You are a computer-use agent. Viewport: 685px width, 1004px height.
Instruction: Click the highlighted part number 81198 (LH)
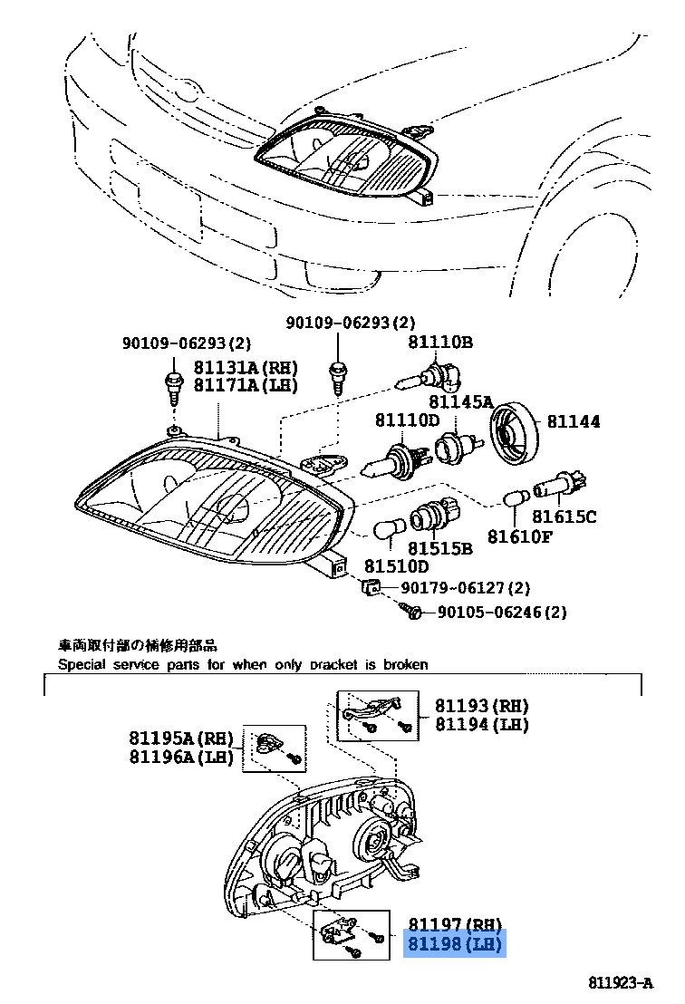pyautogui.click(x=454, y=945)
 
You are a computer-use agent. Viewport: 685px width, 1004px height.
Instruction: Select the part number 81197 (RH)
pyautogui.click(x=454, y=925)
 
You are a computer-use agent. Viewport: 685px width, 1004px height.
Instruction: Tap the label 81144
pyautogui.click(x=573, y=421)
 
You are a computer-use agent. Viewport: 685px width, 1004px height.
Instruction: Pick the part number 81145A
pyautogui.click(x=460, y=401)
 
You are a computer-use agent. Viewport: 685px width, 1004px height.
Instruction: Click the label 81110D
pyautogui.click(x=407, y=420)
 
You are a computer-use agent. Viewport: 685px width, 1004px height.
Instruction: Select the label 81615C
pyautogui.click(x=564, y=516)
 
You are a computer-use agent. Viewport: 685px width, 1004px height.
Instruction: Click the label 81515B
pyautogui.click(x=439, y=548)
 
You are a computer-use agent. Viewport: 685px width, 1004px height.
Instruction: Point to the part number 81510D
pyautogui.click(x=397, y=566)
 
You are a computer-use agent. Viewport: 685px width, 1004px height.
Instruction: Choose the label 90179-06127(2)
pyautogui.click(x=466, y=588)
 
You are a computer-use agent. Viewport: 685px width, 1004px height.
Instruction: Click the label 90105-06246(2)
pyautogui.click(x=502, y=613)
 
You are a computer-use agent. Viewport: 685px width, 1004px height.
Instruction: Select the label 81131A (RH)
pyautogui.click(x=246, y=367)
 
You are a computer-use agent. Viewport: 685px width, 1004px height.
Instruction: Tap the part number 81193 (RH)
pyautogui.click(x=481, y=705)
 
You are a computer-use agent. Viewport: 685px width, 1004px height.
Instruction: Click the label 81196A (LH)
pyautogui.click(x=181, y=757)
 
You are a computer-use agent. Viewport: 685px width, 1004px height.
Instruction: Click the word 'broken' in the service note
pyautogui.click(x=407, y=664)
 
